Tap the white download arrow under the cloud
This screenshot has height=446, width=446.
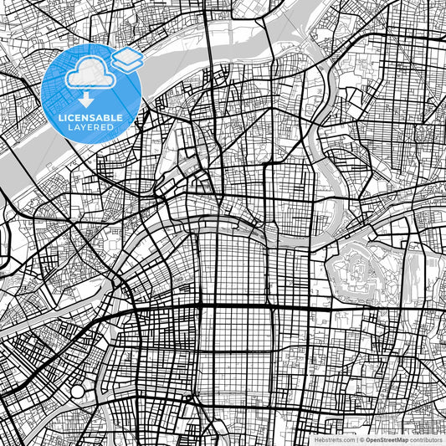tap(86, 99)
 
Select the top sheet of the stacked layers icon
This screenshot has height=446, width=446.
tap(127, 55)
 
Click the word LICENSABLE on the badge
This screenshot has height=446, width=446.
tap(91, 119)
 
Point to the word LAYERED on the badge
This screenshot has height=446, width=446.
tap(91, 129)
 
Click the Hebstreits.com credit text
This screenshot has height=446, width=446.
tap(332, 438)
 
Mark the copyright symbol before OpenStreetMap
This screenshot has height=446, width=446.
tap(361, 438)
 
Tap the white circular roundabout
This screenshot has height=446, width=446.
tap(78, 391)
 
